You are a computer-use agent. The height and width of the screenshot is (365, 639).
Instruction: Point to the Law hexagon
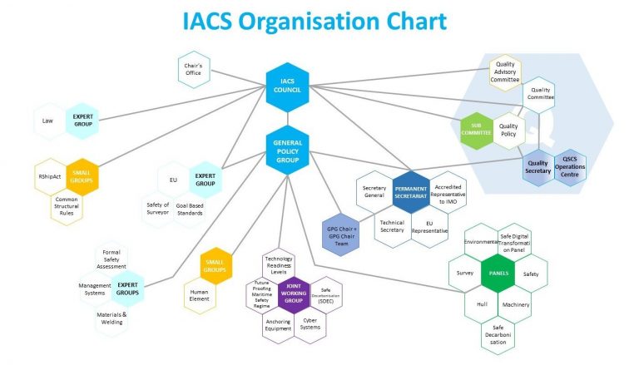pos(48,121)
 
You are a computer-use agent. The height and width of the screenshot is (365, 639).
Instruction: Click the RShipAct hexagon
pos(49,177)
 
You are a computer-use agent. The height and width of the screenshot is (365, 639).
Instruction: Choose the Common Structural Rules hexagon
pos(67,205)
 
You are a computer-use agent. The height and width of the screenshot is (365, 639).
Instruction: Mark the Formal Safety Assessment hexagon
pos(111,259)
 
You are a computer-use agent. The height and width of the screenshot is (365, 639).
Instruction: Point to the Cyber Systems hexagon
pos(310,323)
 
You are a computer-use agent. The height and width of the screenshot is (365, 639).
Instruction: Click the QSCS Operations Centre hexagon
pos(571,164)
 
